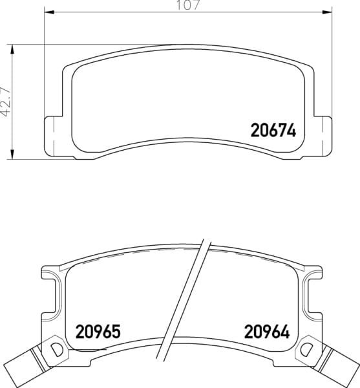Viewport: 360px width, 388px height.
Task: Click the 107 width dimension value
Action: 187,5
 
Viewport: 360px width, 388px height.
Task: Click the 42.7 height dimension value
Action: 6,102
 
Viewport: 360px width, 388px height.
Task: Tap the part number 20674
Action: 273,131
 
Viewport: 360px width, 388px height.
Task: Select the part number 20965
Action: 98,332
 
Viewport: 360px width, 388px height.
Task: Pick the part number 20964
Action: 267,332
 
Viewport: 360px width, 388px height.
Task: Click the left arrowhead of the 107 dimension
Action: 49,12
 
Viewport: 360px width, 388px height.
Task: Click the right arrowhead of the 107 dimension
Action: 327,12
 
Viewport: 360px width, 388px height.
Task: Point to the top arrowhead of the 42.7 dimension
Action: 12,50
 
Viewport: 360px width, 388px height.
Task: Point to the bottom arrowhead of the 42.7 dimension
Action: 12,155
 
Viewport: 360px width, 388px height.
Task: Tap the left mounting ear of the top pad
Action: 53,136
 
